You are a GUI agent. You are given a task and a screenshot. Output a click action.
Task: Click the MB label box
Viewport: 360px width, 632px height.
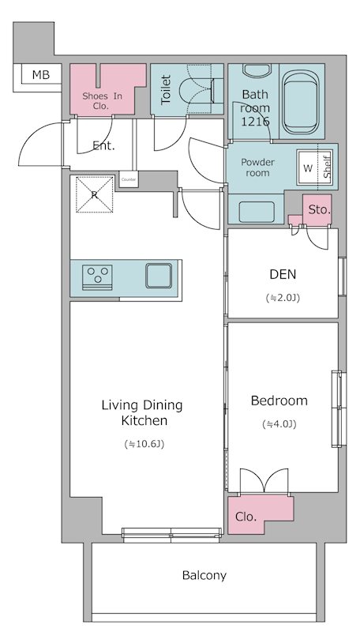[37, 77]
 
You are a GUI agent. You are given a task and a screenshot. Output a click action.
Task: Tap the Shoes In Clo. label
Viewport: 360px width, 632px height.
[102, 101]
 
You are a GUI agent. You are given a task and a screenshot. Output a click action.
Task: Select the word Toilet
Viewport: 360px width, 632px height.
[166, 90]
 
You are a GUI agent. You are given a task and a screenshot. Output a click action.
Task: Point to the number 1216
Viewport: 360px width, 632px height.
[255, 122]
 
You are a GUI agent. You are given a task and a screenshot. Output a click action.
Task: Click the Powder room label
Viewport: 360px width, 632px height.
[257, 167]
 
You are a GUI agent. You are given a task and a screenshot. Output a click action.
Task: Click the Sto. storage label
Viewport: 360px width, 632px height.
[319, 210]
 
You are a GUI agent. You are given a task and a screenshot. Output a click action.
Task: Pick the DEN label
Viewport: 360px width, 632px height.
[283, 274]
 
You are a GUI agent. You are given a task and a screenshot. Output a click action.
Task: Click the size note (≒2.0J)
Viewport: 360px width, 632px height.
[283, 298]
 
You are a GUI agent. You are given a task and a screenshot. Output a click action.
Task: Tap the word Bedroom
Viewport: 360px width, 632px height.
[279, 401]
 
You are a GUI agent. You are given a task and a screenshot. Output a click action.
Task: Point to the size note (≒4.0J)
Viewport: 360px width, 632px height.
[279, 424]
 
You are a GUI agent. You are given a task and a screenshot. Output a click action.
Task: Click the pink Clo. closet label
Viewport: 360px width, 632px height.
[246, 517]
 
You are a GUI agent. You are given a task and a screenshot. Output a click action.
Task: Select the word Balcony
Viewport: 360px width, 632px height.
[204, 575]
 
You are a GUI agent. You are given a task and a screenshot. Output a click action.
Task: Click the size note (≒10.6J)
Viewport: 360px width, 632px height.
[144, 444]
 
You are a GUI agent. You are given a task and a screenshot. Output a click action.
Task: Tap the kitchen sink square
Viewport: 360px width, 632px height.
[159, 276]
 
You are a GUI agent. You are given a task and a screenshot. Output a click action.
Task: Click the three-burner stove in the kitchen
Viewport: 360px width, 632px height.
[97, 277]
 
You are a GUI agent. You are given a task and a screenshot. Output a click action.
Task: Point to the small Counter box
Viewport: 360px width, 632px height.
[129, 179]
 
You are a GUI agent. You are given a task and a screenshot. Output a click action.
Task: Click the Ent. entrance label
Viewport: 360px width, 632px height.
[103, 146]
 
